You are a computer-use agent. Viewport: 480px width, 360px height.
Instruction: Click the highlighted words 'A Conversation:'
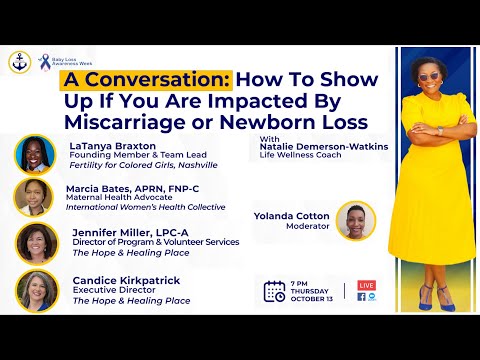(147, 79)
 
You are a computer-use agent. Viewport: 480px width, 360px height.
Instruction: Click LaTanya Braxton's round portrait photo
(35, 155)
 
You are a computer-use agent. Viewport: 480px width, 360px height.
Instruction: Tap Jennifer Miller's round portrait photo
(35, 243)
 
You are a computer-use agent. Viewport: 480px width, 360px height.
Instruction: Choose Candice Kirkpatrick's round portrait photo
(35, 289)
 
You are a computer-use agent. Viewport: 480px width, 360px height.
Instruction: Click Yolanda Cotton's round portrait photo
(355, 221)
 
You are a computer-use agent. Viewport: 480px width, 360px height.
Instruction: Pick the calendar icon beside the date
(274, 291)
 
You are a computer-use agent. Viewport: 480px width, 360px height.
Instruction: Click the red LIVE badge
(366, 286)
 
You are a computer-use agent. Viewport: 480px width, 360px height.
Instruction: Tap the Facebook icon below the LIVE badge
(361, 297)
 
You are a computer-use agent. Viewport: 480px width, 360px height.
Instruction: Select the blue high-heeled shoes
(427, 296)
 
